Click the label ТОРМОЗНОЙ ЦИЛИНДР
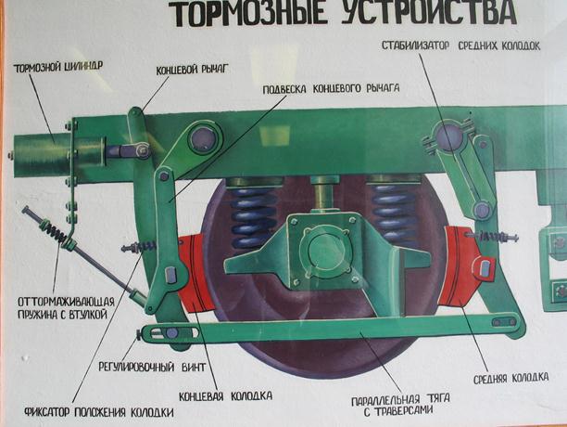(58, 67)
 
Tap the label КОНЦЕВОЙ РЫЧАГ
(193, 70)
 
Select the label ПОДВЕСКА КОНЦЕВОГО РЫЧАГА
(331, 89)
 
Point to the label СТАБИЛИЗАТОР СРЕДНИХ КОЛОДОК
(461, 45)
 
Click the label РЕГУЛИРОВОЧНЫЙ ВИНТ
(152, 367)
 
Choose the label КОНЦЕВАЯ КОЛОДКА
(226, 395)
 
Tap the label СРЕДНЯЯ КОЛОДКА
(511, 378)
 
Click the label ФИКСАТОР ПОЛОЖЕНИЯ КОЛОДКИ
(99, 412)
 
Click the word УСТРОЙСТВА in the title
(429, 13)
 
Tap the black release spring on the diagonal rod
(54, 230)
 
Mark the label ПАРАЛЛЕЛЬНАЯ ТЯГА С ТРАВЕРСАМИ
(400, 405)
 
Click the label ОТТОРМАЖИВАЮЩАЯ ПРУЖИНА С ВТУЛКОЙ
(66, 308)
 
